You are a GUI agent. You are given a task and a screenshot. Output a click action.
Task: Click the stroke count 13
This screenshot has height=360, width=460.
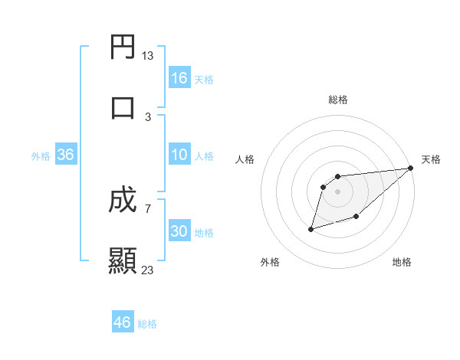148,56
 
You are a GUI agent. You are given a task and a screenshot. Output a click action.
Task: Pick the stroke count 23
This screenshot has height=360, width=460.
148,270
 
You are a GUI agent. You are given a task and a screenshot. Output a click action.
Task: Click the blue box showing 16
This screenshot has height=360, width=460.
179,78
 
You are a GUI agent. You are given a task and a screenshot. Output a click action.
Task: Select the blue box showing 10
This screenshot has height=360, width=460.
179,155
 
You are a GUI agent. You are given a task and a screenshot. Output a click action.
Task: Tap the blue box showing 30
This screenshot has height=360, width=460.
179,231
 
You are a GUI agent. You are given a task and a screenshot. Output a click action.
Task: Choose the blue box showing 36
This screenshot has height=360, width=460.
66,155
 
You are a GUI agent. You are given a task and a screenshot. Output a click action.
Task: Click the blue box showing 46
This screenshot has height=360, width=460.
122,322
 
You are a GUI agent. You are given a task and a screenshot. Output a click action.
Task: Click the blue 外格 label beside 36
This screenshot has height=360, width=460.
41,155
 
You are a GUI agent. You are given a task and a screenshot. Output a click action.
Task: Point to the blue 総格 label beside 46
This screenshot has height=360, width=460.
147,324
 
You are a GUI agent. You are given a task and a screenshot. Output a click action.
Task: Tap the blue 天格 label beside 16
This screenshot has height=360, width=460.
204,79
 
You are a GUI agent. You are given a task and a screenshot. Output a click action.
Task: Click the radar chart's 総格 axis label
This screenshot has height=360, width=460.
338,100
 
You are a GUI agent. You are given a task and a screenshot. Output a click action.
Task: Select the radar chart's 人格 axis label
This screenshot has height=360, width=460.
245,159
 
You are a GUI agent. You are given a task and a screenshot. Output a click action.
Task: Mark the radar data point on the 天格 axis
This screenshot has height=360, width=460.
411,169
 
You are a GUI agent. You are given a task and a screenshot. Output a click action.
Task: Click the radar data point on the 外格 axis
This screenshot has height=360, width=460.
311,228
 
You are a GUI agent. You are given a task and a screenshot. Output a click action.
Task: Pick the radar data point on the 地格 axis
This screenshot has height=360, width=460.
356,217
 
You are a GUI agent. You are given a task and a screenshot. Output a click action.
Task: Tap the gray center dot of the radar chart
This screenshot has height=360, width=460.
338,192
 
